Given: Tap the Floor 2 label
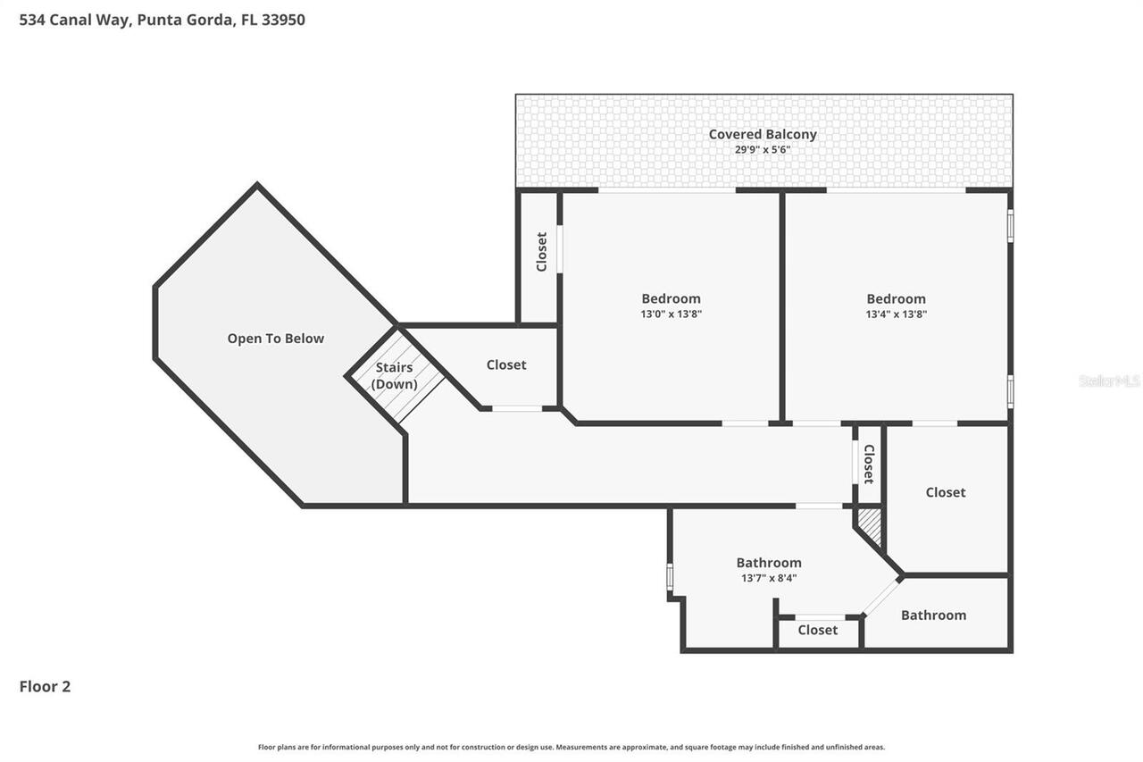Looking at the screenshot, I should tap(45, 686).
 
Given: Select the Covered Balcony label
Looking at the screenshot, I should tap(763, 134).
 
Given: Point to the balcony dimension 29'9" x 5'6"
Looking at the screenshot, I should tap(763, 150).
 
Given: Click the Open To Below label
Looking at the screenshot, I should tap(275, 339).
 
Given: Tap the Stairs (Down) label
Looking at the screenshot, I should tap(394, 375).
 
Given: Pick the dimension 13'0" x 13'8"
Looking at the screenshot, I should tap(671, 314).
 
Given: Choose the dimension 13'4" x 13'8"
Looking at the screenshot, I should tap(896, 314).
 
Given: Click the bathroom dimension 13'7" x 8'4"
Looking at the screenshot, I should tap(768, 578).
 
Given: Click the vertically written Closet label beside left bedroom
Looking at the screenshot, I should tap(541, 252).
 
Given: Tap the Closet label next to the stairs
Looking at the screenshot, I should tap(506, 364).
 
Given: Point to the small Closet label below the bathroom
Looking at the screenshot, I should tap(817, 630).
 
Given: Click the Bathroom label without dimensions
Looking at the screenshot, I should tap(933, 615).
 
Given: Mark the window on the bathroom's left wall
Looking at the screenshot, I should tap(670, 576).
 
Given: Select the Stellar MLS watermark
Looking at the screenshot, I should tap(1109, 381).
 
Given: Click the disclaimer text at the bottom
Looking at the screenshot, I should tap(571, 747).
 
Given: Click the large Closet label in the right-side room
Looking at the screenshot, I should tap(945, 492).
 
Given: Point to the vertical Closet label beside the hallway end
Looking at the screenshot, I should tap(868, 464).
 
